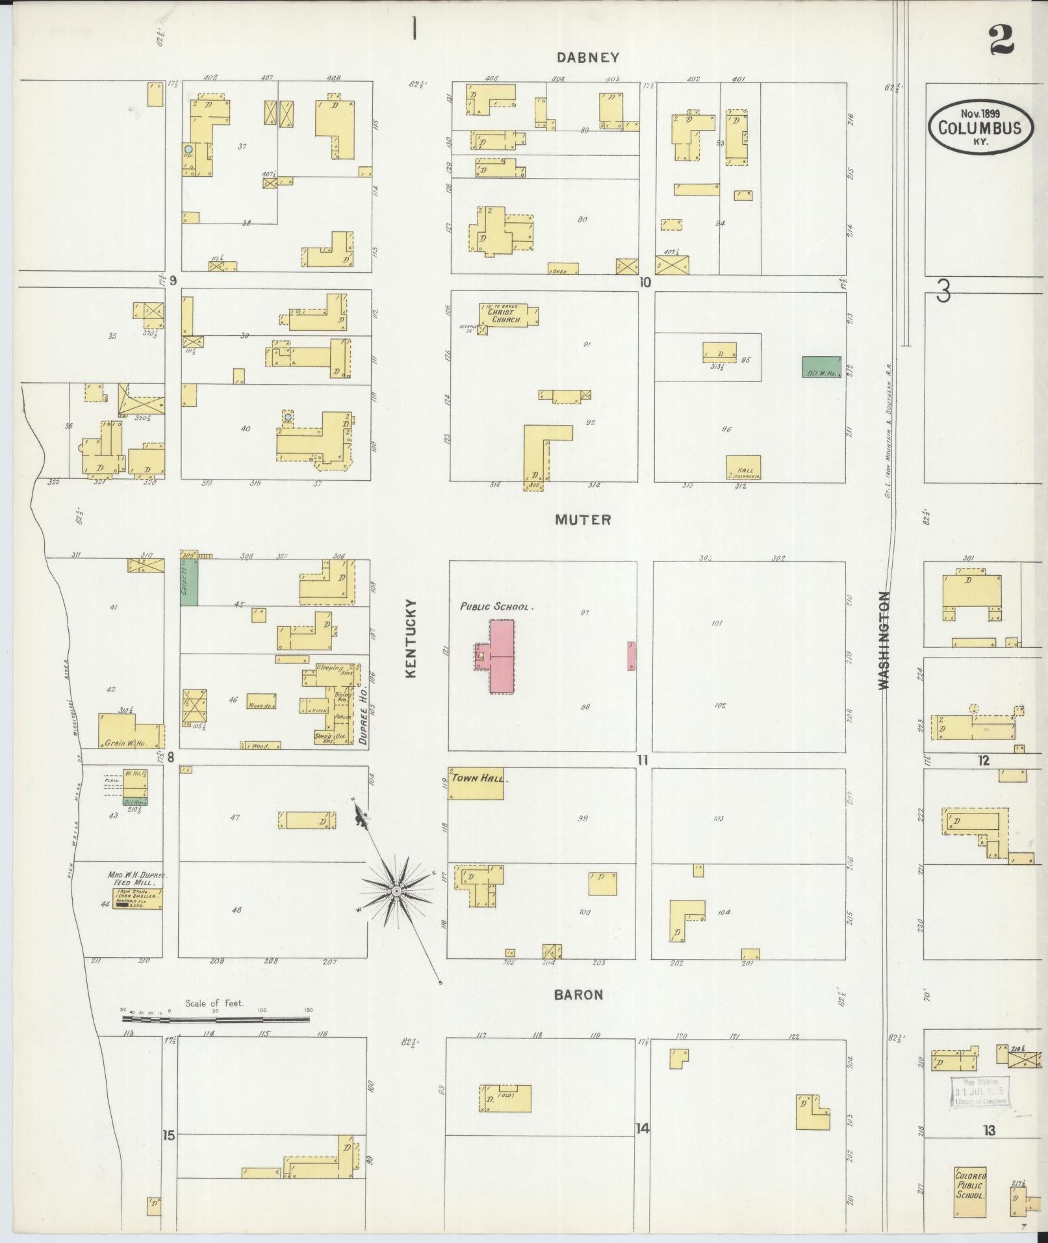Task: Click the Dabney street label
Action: coord(588,58)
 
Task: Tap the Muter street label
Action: coord(583,520)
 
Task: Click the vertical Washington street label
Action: coord(884,640)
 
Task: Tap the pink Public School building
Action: coord(502,656)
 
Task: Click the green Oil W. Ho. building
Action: coord(821,367)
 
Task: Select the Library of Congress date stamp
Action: coord(980,1092)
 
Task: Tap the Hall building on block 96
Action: coord(743,467)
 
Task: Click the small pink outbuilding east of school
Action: coord(631,656)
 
